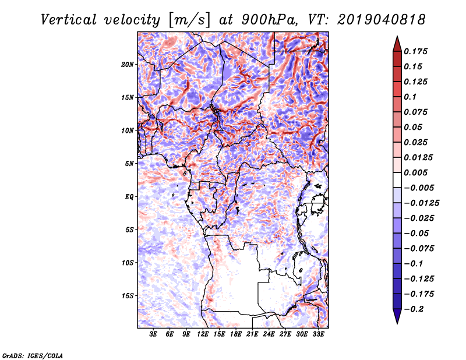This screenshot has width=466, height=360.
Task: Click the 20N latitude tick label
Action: coord(128,64)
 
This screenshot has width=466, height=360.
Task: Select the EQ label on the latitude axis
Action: coord(129,197)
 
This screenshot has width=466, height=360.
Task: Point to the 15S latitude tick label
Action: coord(128,296)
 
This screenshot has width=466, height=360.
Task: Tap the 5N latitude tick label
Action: coord(129,164)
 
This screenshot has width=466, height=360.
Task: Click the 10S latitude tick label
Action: coord(128,263)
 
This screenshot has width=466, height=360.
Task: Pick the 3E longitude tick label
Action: coord(154,334)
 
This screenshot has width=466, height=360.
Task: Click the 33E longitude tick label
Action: coord(317,334)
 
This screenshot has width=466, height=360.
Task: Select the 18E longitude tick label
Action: coord(236,334)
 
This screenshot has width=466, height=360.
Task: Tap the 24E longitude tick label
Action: coord(269,334)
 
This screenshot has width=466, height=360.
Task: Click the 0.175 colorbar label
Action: coord(416,51)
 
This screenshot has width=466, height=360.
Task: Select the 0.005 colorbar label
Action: coord(416,173)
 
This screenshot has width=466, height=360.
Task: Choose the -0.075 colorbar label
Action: coord(419,248)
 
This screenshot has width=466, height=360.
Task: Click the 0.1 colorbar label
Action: coord(411,97)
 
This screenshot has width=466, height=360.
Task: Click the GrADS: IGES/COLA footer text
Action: coord(33,355)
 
